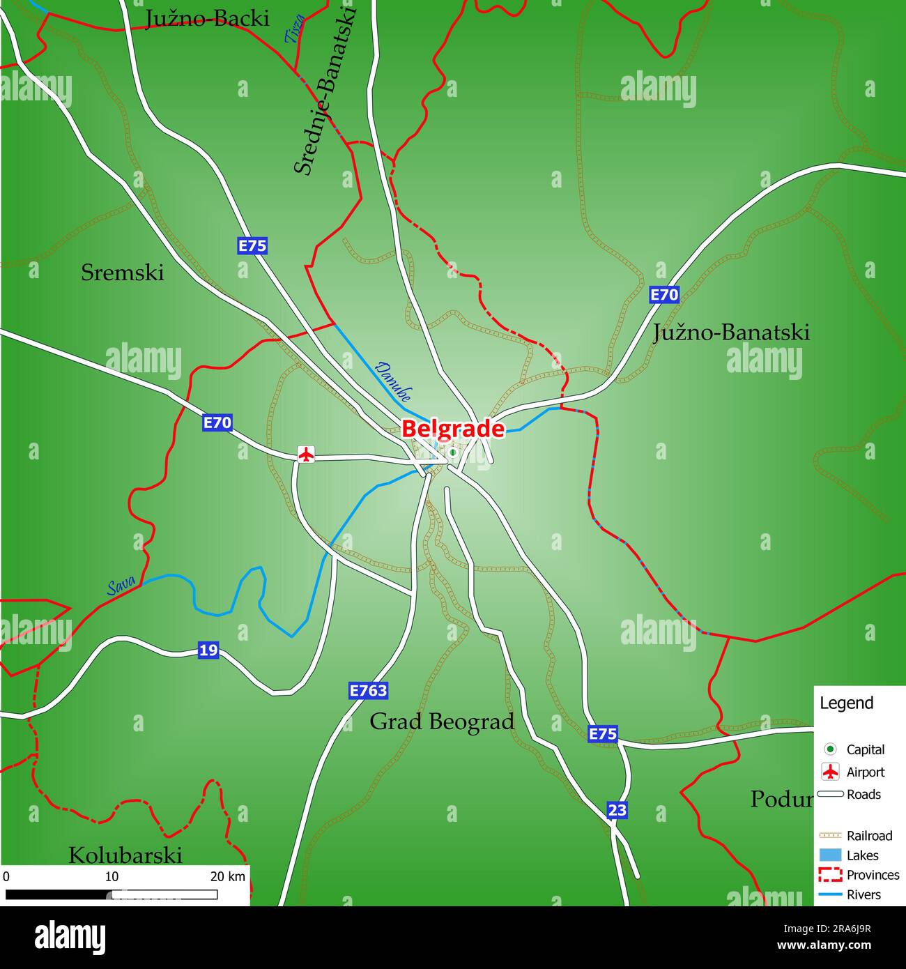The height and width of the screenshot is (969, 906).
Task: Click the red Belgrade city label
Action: [452, 428]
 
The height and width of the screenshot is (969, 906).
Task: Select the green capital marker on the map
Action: [452, 452]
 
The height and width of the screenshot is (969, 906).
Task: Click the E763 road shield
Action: [368, 691]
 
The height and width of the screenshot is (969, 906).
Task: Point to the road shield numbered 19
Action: [208, 650]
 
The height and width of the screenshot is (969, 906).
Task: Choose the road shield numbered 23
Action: [617, 810]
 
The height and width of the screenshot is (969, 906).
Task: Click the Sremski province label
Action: [123, 273]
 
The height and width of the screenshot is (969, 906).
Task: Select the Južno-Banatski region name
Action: [731, 333]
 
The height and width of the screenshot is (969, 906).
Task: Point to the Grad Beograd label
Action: [442, 722]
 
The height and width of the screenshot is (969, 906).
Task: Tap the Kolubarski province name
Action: [125, 855]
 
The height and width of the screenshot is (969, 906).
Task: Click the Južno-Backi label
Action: [206, 19]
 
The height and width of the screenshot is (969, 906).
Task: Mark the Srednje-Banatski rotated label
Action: [324, 91]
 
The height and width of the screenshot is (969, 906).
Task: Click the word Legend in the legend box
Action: [846, 703]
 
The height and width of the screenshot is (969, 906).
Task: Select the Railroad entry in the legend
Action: [869, 835]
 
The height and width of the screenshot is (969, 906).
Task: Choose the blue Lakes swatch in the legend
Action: [830, 855]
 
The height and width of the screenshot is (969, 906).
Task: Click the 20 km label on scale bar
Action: [228, 876]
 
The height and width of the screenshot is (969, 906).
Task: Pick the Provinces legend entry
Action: [873, 875]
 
